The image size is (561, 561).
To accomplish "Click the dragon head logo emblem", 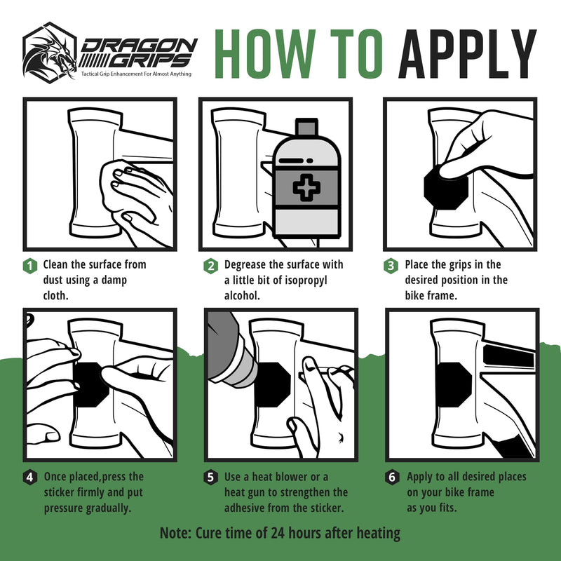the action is tap(50, 53).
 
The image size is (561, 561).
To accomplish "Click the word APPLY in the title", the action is tap(468, 54).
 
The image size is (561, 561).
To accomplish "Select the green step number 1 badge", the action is tap(30, 266).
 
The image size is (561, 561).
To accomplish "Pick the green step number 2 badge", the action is tap(211, 266).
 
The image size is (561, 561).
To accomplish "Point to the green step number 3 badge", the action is tap(391, 266).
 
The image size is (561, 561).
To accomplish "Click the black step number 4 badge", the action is tap(30, 478).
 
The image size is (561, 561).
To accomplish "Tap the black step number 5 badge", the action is tap(211, 478).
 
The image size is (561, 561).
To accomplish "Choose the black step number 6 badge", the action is tap(392, 478).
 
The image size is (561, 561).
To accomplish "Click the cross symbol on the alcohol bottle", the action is tap(306, 187).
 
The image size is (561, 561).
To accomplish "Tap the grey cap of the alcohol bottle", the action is tap(306, 127).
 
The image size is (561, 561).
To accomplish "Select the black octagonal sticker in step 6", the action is tap(453, 384).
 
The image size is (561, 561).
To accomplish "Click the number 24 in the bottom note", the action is tap(278, 533).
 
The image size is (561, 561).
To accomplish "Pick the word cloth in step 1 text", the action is tap(56, 296).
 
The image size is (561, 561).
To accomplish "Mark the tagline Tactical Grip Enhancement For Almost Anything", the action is tap(136, 74).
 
